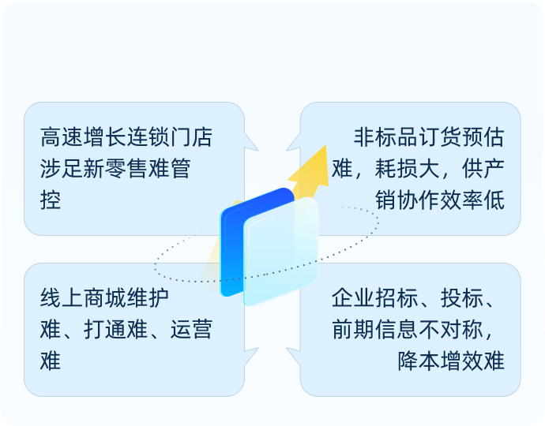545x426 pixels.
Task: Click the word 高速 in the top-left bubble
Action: point(62,137)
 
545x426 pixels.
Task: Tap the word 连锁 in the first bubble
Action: point(148,137)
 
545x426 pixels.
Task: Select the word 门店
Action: point(191,137)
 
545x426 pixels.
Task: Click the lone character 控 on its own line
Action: point(51,200)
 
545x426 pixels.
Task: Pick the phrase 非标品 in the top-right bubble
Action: point(385,137)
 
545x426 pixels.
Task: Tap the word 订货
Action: point(440,137)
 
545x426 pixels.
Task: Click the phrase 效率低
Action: point(472,200)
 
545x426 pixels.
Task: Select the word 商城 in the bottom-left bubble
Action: point(105,298)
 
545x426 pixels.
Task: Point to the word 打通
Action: point(105,330)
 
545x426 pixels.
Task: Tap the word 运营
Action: point(191,330)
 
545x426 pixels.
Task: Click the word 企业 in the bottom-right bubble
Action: point(353,298)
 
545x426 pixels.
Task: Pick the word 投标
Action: point(461,298)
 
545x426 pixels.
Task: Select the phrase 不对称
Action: point(451,330)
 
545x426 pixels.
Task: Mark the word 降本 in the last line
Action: point(419,361)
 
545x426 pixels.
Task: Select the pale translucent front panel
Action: point(281,252)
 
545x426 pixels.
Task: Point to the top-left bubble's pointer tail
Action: point(251,142)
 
